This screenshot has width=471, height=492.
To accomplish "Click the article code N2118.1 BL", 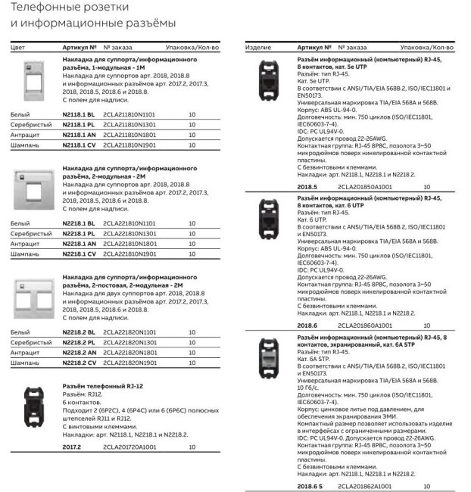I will point(79,113).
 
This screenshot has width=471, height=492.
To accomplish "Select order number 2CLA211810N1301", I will point(129,123).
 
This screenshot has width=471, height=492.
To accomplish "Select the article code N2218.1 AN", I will point(80,244).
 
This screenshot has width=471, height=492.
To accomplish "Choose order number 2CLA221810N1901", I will point(129,254).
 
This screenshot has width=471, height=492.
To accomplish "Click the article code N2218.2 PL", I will point(79,342).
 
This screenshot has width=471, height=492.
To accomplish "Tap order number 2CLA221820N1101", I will point(129,332).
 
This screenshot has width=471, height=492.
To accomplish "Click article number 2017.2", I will point(72,447).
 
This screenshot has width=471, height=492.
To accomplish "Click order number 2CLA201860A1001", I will point(365,325).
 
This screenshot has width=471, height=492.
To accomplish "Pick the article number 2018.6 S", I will point(310,485).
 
